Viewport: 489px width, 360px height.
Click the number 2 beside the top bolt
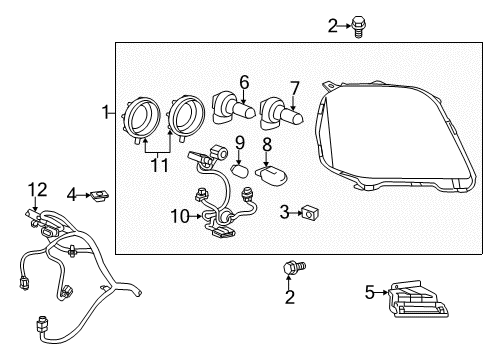pyautogui.click(x=333, y=25)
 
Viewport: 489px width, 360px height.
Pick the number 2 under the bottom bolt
pyautogui.click(x=290, y=297)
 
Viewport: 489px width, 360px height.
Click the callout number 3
pyautogui.click(x=285, y=211)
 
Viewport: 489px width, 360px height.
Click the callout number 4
pyautogui.click(x=72, y=193)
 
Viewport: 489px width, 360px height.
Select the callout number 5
pyautogui.click(x=369, y=292)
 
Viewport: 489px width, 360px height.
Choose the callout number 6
pyautogui.click(x=243, y=82)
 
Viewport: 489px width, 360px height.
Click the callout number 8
pyautogui.click(x=267, y=146)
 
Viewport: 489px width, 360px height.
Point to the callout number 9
pyautogui.click(x=240, y=142)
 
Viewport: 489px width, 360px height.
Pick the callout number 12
pyautogui.click(x=37, y=188)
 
